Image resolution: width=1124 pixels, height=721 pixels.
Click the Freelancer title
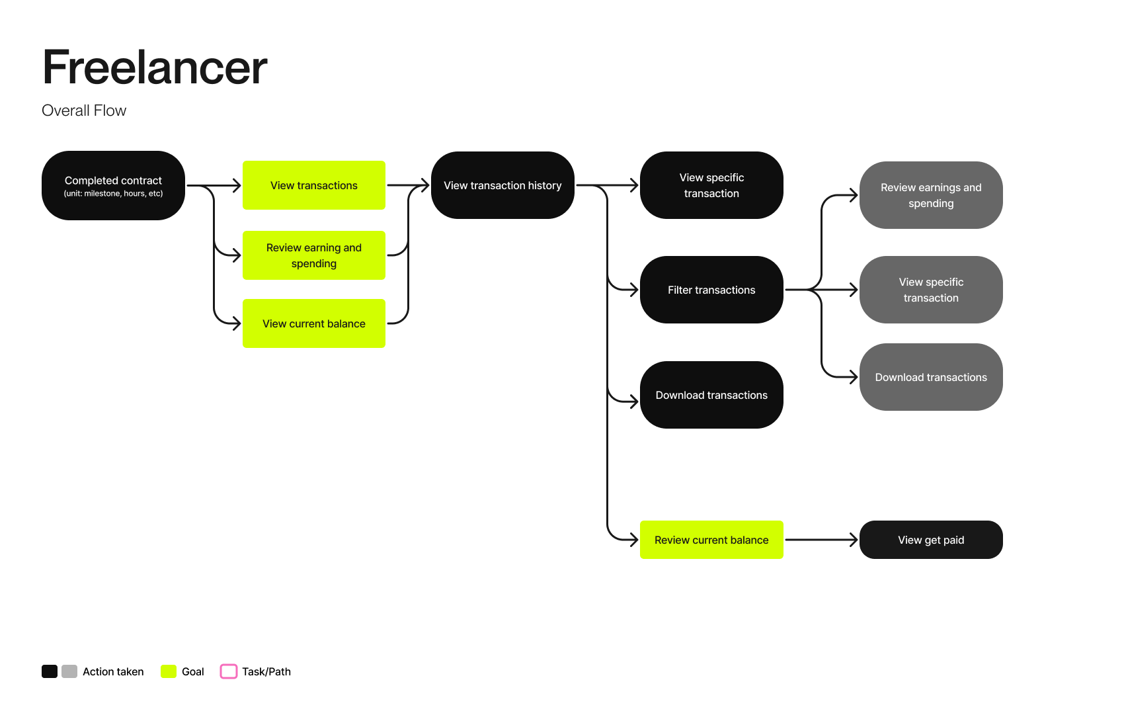[155, 67]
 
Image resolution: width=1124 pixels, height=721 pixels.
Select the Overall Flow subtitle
[84, 110]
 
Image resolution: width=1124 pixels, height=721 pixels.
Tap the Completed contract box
[113, 186]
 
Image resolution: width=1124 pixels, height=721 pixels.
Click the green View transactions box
[314, 185]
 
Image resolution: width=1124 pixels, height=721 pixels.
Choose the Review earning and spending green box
[314, 255]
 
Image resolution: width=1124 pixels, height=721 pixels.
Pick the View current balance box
[314, 323]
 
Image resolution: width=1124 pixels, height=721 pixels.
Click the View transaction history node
[502, 185]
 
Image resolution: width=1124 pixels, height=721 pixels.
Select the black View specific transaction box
[711, 185]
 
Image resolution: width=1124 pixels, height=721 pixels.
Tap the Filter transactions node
[711, 290]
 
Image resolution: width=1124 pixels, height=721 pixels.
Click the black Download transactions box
[711, 395]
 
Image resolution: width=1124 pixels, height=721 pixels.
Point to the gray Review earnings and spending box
[931, 195]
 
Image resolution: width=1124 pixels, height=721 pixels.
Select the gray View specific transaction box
[931, 290]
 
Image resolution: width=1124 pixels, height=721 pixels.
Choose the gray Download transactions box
[931, 377]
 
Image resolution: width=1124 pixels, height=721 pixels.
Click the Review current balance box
[711, 540]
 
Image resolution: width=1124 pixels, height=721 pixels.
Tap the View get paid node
[931, 540]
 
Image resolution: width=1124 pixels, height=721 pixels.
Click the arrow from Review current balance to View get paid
[820, 540]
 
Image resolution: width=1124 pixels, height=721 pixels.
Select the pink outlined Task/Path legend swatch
[229, 671]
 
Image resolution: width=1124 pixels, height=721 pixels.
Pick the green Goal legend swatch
[169, 671]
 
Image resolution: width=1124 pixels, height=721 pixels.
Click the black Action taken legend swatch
[50, 671]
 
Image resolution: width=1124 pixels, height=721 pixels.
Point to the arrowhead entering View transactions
[236, 185]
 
